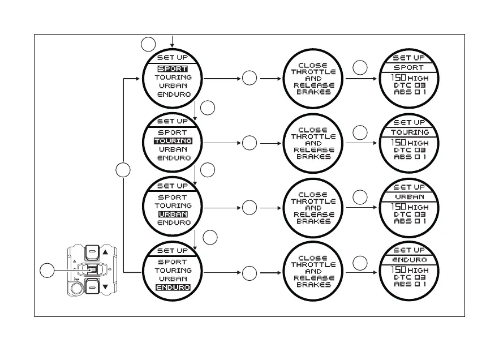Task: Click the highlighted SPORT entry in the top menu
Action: point(173,68)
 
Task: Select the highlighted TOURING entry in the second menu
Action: point(173,140)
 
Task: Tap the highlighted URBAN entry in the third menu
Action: point(173,215)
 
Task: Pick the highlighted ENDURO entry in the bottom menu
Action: point(173,288)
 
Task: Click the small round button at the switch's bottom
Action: point(76,288)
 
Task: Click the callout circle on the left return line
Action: point(123,169)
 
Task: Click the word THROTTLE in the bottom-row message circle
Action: point(313,265)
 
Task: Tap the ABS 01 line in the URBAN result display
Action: point(410,221)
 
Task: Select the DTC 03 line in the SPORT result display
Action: point(410,85)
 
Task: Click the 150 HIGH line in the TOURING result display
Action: point(410,143)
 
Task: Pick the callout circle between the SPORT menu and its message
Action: point(250,79)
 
